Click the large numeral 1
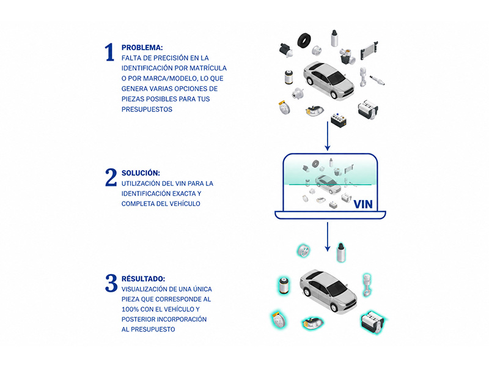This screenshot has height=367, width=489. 109,52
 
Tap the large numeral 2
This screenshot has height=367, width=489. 111,177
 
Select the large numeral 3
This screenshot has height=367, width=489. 111,283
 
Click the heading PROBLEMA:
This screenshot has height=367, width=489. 142,48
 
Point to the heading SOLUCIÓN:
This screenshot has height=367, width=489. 141,173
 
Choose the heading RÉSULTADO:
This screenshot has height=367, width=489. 144,279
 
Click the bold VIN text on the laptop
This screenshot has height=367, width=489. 363,204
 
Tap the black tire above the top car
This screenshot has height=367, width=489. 304,40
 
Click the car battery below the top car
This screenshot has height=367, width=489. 339,120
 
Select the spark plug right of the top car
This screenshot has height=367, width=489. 377,80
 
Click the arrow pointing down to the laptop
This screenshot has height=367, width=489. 328,136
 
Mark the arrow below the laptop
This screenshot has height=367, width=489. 328,237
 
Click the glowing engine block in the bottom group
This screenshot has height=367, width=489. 372,322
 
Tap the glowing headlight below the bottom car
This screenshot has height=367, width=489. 312,323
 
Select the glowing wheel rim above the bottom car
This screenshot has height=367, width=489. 303,251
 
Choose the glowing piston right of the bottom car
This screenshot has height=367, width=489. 367,284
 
